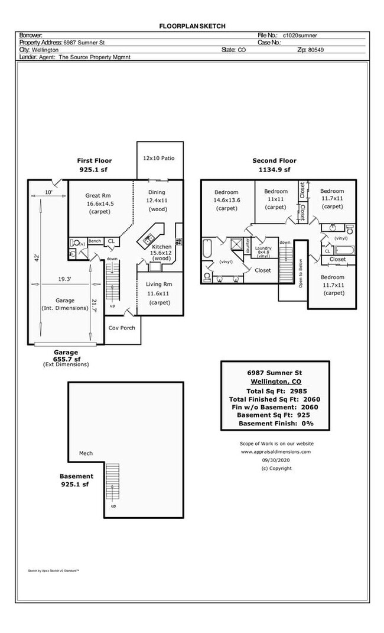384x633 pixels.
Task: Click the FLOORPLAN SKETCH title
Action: tap(192, 26)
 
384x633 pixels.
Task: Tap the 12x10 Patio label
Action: tap(159, 159)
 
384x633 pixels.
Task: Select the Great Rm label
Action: tap(98, 195)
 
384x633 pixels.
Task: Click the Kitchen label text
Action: tap(162, 247)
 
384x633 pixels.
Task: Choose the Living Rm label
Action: tap(159, 285)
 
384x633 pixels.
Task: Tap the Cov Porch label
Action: tap(122, 328)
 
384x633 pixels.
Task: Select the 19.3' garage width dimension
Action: tap(65, 279)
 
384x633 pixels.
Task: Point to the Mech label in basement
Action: tap(86, 454)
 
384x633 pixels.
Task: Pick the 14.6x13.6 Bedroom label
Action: tap(226, 200)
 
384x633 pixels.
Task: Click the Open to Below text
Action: tap(300, 272)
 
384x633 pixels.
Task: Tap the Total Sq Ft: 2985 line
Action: tap(274, 391)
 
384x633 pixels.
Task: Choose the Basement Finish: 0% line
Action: tap(274, 424)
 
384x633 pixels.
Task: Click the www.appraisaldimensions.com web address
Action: tap(276, 451)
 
